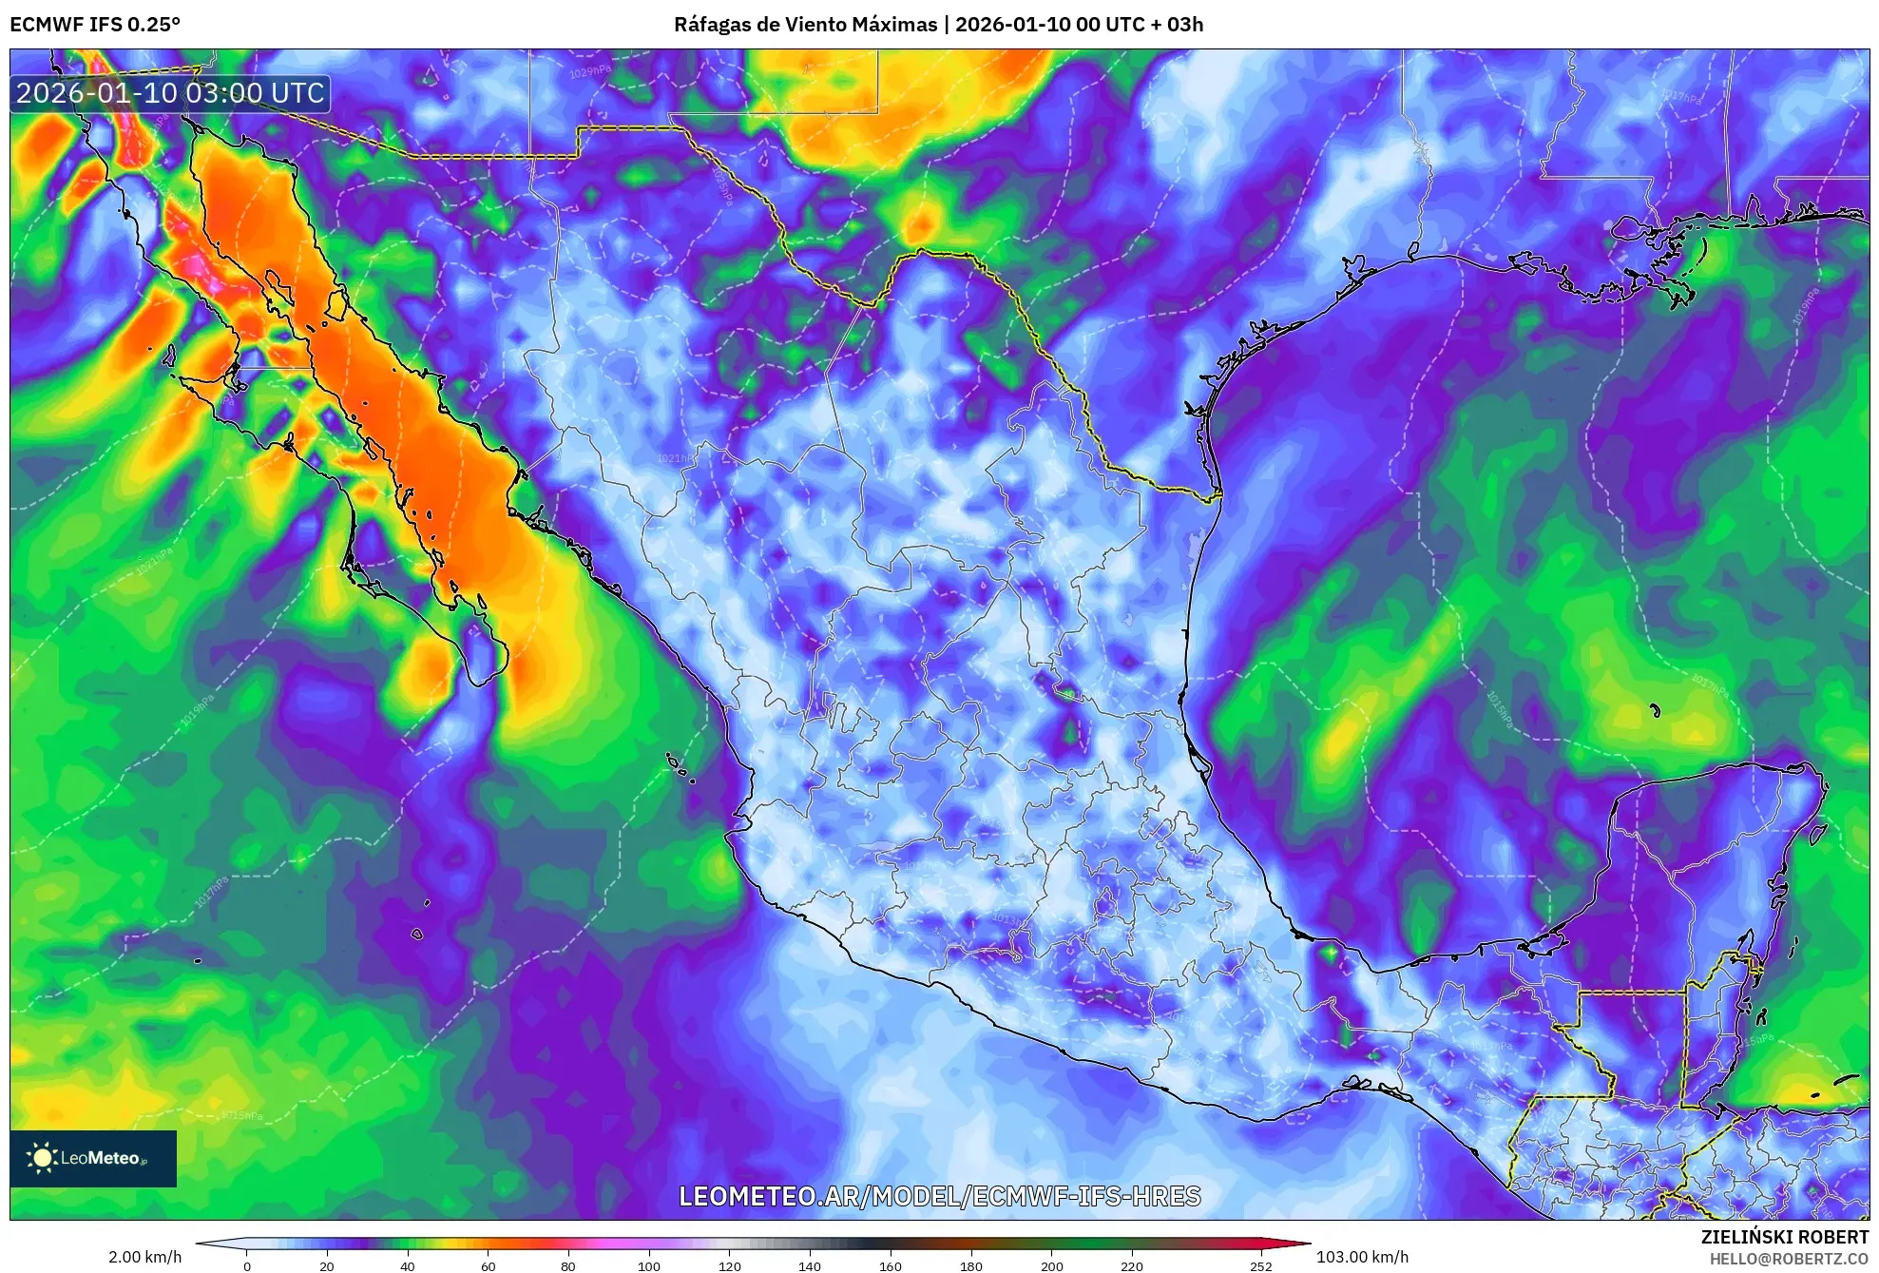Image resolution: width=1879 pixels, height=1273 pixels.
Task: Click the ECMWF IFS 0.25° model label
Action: pos(94,25)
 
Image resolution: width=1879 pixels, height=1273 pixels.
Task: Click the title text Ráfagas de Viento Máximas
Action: pos(805,25)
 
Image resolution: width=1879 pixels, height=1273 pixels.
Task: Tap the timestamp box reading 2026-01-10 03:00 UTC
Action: pos(171,93)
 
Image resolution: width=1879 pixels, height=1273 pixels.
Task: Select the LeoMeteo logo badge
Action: pos(93,1158)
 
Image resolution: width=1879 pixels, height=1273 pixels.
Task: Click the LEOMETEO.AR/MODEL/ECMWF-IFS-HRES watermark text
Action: pos(939,1196)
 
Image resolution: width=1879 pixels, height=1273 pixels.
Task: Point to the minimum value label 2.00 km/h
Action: pos(144,1257)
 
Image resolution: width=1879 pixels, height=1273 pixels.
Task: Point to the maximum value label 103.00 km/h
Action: pos(1362,1257)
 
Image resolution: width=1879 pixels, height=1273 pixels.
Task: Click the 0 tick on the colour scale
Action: pos(247,1266)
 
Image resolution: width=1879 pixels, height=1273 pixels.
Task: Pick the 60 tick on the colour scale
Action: pos(488,1266)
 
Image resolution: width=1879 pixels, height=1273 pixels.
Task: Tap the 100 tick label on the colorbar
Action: pos(648,1266)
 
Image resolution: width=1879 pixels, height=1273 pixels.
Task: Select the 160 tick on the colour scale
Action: pos(890,1266)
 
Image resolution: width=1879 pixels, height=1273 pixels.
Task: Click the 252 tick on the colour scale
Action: pos(1260,1266)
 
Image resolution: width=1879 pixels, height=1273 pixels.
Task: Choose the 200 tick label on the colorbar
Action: pos(1051,1266)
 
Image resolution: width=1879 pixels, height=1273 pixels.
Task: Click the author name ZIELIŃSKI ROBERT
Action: pos(1784,1237)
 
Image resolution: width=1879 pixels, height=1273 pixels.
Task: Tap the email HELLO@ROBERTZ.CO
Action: pos(1789,1259)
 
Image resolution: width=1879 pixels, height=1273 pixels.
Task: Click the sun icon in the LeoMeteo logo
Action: pos(42,1158)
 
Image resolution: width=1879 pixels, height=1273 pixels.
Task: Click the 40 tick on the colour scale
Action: pos(408,1266)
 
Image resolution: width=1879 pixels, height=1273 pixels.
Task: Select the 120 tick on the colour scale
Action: pos(729,1266)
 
